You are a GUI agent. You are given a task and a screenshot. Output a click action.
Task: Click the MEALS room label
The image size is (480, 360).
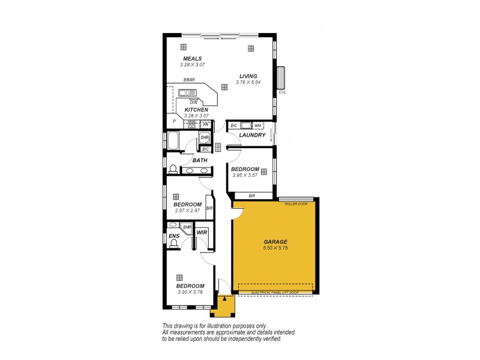pyautogui.click(x=193, y=58)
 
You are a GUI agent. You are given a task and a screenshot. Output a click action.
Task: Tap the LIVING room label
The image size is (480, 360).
pyautogui.click(x=248, y=76)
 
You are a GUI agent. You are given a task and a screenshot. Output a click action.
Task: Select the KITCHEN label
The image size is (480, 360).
pyautogui.click(x=196, y=110)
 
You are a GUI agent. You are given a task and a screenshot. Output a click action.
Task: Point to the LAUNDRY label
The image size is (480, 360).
pyautogui.click(x=252, y=135)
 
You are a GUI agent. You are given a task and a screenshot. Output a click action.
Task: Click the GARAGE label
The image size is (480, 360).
pyautogui.click(x=275, y=242)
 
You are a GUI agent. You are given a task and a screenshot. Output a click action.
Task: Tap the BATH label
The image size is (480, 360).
pyautogui.click(x=200, y=160)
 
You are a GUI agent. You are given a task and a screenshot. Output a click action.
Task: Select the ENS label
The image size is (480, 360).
pyautogui.click(x=174, y=236)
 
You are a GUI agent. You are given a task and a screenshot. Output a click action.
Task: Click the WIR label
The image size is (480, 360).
pyautogui.click(x=202, y=232)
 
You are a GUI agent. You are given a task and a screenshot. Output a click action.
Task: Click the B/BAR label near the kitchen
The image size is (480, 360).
pyautogui.click(x=190, y=80)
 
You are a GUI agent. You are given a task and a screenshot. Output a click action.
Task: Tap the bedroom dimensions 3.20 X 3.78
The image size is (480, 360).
pyautogui.click(x=190, y=292)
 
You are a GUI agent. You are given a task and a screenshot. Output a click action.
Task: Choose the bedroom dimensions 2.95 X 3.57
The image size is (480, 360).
pyautogui.click(x=245, y=175)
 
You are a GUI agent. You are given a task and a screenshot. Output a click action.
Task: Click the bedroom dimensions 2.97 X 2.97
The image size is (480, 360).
pyautogui.click(x=187, y=211)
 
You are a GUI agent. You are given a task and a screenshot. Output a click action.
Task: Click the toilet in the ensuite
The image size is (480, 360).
pyautogui.click(x=173, y=244)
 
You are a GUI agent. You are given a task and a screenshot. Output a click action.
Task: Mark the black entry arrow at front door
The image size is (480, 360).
pyautogui.click(x=224, y=298)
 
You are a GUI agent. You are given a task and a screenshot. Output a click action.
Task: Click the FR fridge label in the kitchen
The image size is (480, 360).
pyautogui.click(x=205, y=124)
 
